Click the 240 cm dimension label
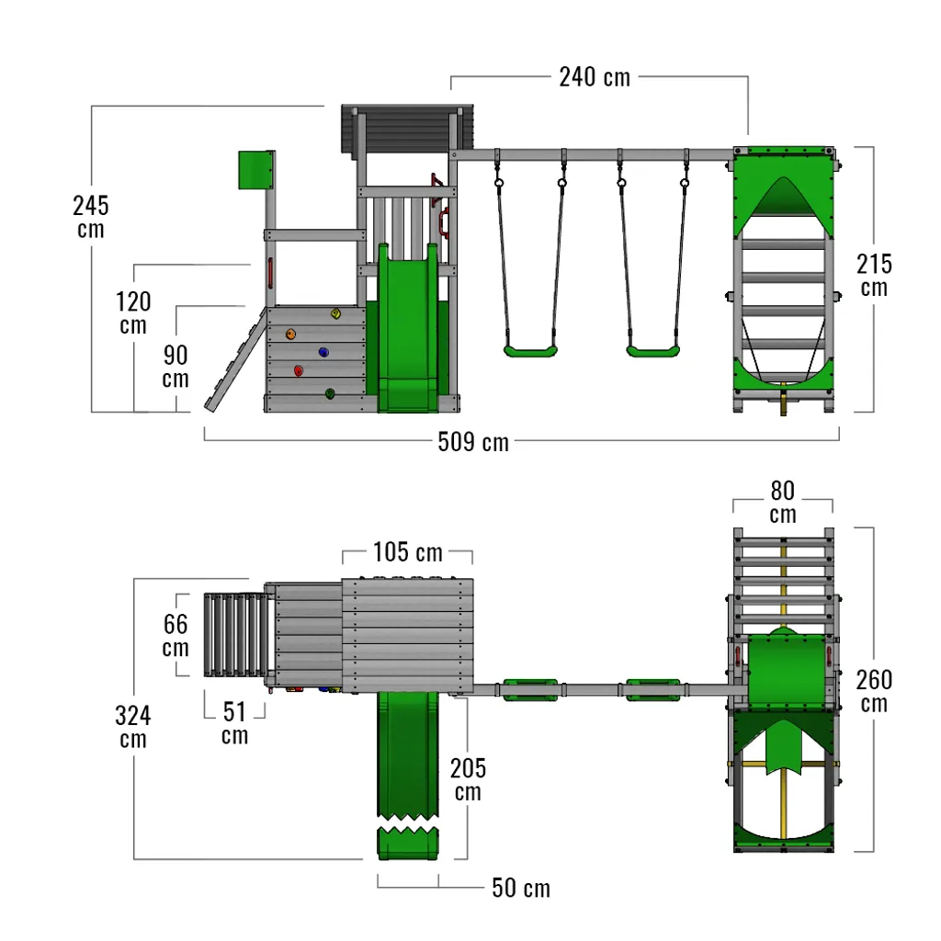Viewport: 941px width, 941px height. click(x=595, y=77)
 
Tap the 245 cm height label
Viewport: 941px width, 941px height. click(x=90, y=217)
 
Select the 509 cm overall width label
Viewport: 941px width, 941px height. click(x=473, y=442)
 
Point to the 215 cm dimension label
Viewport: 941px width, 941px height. click(x=874, y=275)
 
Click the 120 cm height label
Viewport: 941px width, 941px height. click(x=133, y=312)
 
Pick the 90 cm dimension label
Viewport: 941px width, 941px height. click(x=176, y=367)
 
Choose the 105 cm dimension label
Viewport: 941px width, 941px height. click(x=407, y=553)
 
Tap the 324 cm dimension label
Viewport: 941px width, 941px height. click(x=133, y=726)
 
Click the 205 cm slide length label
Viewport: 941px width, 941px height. click(x=468, y=779)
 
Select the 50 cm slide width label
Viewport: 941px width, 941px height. click(x=521, y=888)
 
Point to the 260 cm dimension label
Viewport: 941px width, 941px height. click(x=874, y=691)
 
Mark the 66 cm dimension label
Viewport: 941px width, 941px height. click(x=176, y=636)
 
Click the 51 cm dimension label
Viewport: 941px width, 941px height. click(x=234, y=722)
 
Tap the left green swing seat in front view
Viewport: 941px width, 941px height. click(x=530, y=350)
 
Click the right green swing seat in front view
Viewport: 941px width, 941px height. click(x=653, y=350)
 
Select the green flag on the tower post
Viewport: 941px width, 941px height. click(x=256, y=170)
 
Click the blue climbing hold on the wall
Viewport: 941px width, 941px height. click(x=323, y=352)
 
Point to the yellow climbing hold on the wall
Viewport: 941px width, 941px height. click(x=336, y=314)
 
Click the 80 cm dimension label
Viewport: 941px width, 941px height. click(x=783, y=502)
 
